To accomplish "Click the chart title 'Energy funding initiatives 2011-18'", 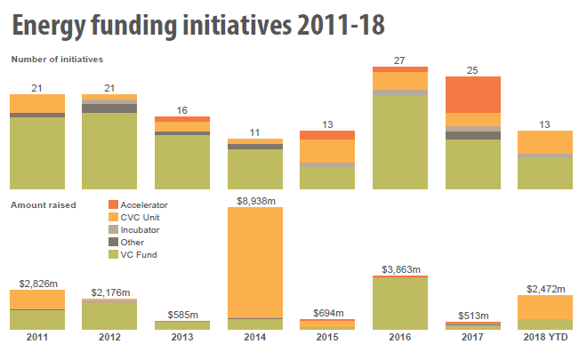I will pos(197,24).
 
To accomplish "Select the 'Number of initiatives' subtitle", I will pos(58,60).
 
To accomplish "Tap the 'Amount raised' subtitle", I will pos(44,204).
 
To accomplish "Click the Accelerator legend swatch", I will pos(113,204).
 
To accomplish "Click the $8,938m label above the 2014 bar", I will pos(255,201).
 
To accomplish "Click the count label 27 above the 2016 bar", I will pos(399,60).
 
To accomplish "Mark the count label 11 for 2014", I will pos(254,132).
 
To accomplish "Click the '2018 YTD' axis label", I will pos(544,340).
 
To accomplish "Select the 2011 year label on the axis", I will pos(37,340).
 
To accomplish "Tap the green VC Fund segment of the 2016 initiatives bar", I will pos(399,142).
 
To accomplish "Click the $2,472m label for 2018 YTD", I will pos(544,288).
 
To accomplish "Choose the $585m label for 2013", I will pos(182,314).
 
